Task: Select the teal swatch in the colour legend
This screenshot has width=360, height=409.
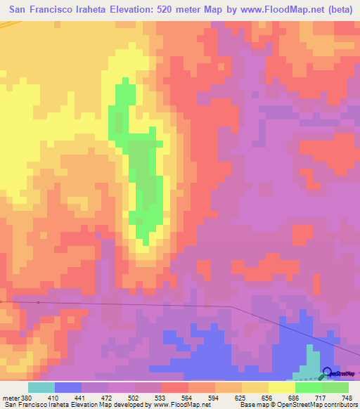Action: (41, 387)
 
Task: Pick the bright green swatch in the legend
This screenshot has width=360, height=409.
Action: (309, 387)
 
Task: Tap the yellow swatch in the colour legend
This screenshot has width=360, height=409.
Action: (282, 387)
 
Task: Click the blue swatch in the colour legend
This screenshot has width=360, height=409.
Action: (68, 387)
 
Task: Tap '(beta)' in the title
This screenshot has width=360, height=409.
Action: (340, 10)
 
